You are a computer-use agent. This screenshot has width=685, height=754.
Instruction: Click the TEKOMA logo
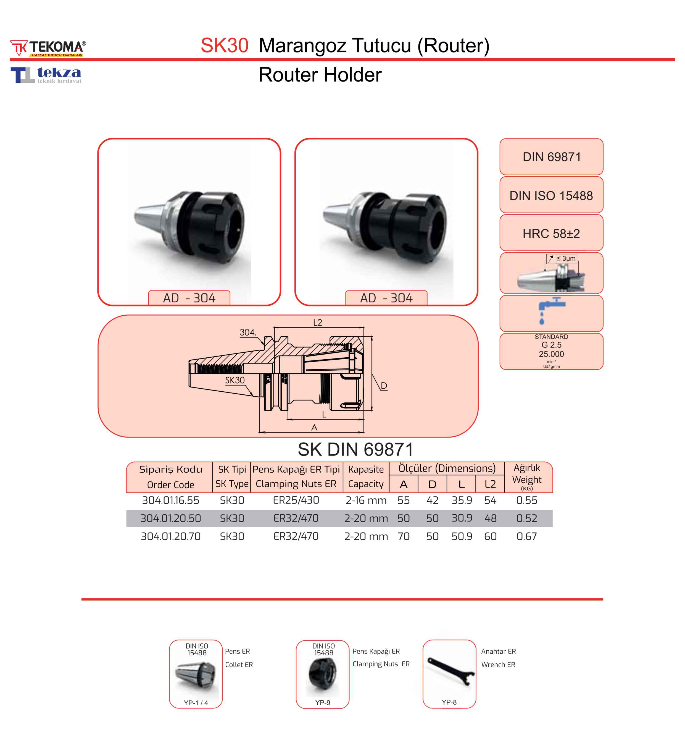[x=48, y=48]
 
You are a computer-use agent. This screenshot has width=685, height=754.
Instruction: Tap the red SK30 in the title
[x=224, y=46]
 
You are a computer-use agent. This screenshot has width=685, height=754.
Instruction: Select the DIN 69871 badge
[x=551, y=157]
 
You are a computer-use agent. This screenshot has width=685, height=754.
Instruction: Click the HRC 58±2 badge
[x=551, y=233]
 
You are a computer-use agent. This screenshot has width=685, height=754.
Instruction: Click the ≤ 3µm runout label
[x=566, y=258]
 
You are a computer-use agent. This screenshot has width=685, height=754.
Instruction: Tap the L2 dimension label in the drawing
[x=317, y=322]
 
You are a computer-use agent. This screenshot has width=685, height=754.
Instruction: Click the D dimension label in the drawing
[x=384, y=386]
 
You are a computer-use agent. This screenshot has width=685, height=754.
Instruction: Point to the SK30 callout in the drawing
[x=235, y=380]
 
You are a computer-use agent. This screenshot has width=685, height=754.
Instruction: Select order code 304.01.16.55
[x=170, y=500]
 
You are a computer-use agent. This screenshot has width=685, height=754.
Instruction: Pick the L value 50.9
[x=462, y=536]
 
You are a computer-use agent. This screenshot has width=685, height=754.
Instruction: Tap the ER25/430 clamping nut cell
[x=296, y=500]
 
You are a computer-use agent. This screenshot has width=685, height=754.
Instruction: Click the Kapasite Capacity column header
[x=366, y=477]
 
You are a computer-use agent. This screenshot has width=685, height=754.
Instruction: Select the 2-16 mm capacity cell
[x=366, y=500]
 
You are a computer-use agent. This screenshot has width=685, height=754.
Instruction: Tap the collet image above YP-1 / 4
[x=196, y=676]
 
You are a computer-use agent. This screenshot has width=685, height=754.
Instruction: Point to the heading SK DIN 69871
[x=355, y=449]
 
